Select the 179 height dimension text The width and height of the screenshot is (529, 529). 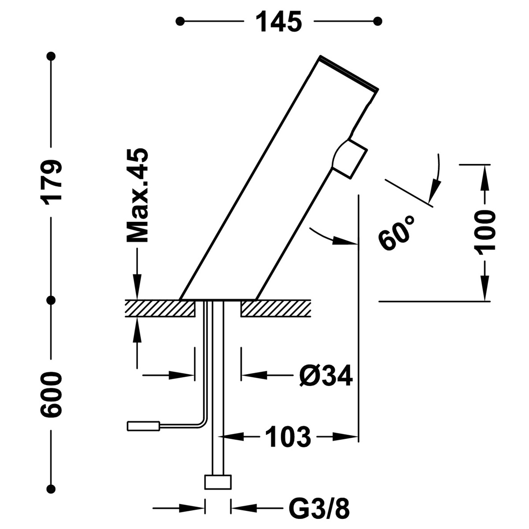(52, 181)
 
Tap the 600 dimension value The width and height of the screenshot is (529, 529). (52, 395)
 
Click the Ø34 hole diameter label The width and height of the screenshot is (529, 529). (326, 376)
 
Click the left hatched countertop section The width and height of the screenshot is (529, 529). (160, 309)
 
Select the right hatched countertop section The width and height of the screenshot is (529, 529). (276, 309)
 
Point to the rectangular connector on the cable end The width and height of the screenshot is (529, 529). (143, 426)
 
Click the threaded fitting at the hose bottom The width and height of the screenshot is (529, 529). (218, 482)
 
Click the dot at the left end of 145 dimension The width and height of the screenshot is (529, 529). (180, 21)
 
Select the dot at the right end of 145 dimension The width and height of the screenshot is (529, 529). (377, 21)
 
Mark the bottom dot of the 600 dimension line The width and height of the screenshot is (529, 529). (52, 488)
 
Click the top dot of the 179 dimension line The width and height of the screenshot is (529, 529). (52, 56)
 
